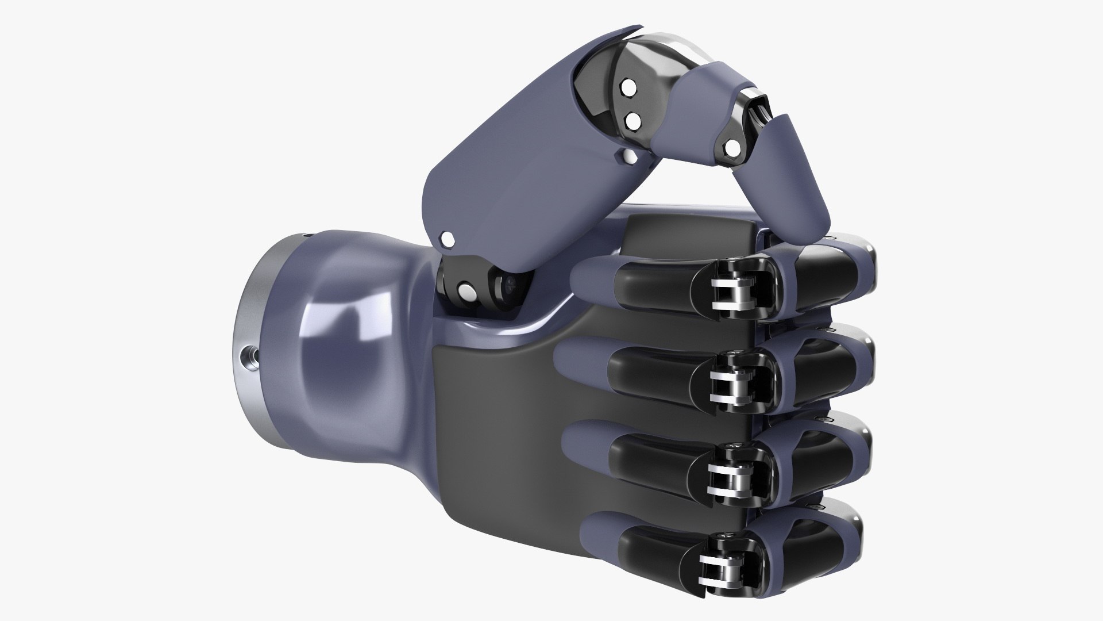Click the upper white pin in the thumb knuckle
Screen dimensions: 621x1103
pos(627,88)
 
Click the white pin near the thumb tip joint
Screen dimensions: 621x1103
pos(732,149)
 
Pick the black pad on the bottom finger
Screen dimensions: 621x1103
pos(655,552)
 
